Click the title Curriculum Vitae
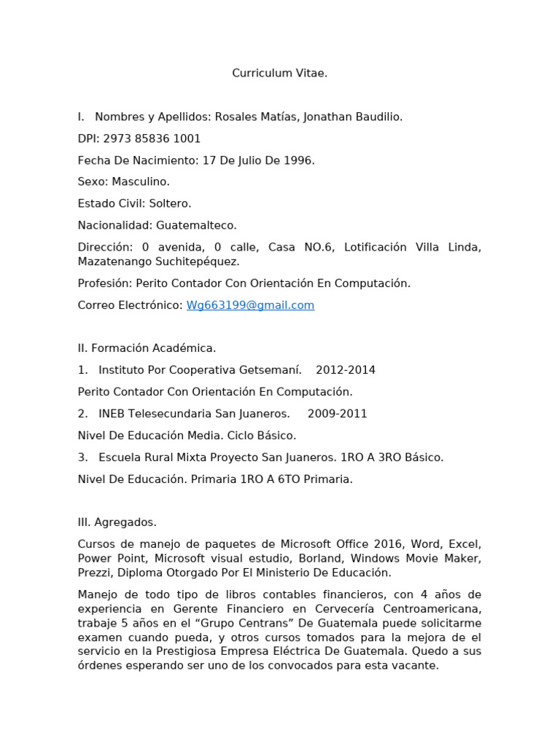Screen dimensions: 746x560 pyautogui.click(x=280, y=73)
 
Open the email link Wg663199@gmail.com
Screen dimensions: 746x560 pyautogui.click(x=250, y=305)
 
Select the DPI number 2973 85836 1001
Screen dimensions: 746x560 pyautogui.click(x=152, y=138)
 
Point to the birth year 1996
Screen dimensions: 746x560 pyautogui.click(x=299, y=160)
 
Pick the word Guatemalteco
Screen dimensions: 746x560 pyautogui.click(x=196, y=225)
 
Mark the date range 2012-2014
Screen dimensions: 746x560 pyautogui.click(x=345, y=370)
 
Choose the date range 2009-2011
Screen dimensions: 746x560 pyautogui.click(x=337, y=414)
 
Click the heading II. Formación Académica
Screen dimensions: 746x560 pyautogui.click(x=147, y=348)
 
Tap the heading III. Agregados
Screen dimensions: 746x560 pyautogui.click(x=117, y=522)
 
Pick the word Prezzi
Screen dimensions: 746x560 pyautogui.click(x=95, y=573)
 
